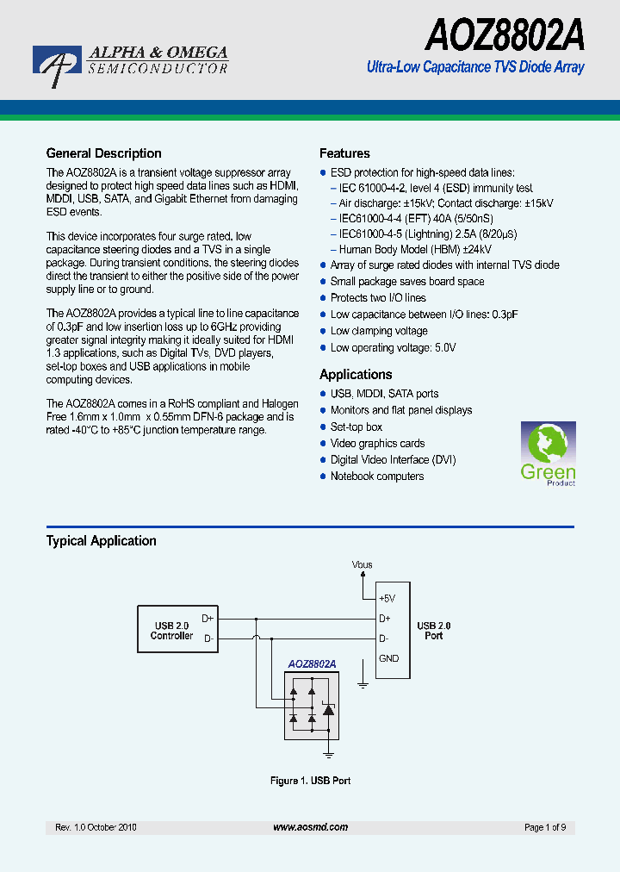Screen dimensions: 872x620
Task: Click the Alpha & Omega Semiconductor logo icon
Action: [56, 66]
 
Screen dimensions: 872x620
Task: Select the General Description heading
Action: [103, 153]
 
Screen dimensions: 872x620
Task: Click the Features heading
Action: [344, 153]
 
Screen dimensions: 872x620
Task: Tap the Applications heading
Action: [356, 374]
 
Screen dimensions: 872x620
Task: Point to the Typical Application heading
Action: [101, 541]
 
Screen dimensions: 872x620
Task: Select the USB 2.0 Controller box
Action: [171, 630]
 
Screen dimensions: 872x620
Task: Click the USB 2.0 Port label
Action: [434, 631]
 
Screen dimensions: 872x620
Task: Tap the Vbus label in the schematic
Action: [363, 564]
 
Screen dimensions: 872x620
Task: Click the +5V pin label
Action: [387, 598]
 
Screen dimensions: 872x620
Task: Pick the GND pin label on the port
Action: [389, 658]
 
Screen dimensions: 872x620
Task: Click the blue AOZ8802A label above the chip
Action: [311, 663]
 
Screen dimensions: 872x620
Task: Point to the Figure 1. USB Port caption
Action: [310, 781]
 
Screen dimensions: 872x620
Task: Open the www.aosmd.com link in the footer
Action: [310, 827]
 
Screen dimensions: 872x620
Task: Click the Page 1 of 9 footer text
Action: [544, 827]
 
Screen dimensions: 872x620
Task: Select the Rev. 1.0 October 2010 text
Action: [96, 827]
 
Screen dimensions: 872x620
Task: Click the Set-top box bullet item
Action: [356, 427]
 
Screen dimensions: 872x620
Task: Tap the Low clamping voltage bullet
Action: [378, 331]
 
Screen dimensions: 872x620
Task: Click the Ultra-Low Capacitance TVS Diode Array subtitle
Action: [475, 67]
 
